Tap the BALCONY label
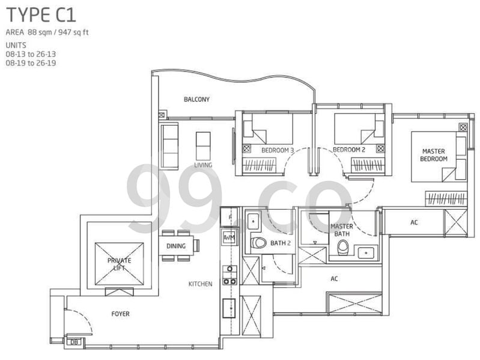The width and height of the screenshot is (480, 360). click(x=196, y=100)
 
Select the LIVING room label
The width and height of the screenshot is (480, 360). click(x=203, y=165)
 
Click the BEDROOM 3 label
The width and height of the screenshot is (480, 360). click(x=278, y=150)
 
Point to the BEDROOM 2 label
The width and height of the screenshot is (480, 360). click(x=349, y=150)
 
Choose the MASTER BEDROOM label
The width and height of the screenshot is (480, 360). click(x=434, y=155)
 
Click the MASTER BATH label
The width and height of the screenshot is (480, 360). click(x=342, y=230)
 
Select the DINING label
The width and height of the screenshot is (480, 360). click(x=176, y=245)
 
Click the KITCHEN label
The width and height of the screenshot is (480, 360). click(x=200, y=284)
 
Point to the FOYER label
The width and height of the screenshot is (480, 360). click(x=120, y=314)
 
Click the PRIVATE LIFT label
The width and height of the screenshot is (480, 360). click(x=119, y=264)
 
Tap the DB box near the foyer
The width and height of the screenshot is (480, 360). click(x=74, y=342)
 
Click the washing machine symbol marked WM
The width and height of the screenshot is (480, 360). click(x=229, y=237)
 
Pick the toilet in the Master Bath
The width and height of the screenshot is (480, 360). click(x=343, y=246)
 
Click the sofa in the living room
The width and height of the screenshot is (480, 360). click(x=171, y=145)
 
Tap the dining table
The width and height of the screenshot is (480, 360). click(x=177, y=245)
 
